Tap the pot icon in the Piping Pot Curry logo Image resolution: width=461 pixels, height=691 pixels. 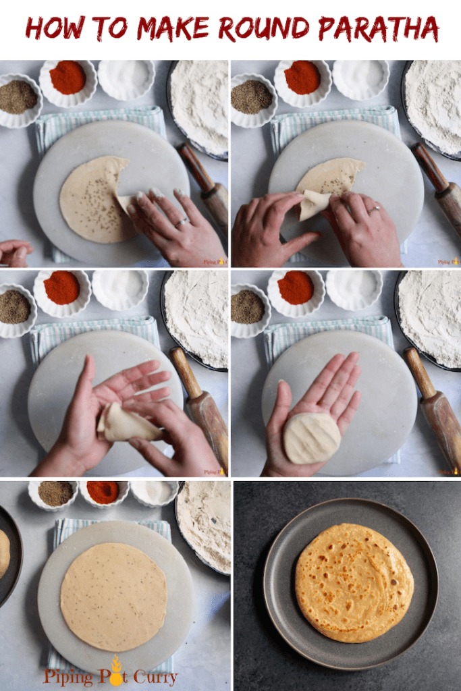coord(116,672)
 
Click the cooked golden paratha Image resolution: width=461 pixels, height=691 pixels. coord(354,582)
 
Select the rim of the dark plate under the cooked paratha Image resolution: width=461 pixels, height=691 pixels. coord(277,607)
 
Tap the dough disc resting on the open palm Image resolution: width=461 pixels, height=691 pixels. coord(311,437)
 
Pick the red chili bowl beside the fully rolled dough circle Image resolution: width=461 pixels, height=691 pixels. coord(103,492)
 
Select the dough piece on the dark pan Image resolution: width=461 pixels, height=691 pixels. coord(3,553)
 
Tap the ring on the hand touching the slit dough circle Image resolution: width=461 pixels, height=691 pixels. coord(182,221)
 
